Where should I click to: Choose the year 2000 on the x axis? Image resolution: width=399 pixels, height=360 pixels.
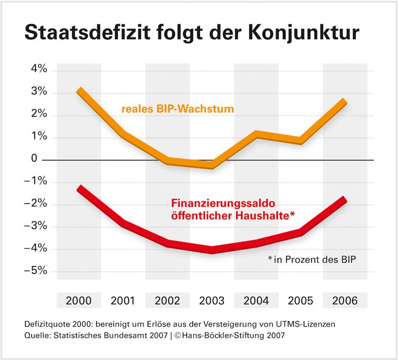click(x=79, y=300)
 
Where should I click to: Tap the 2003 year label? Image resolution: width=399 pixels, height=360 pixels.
click(x=212, y=300)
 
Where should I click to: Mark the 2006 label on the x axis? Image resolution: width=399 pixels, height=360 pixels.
click(x=345, y=300)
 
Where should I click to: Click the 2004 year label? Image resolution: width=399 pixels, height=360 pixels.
click(x=256, y=300)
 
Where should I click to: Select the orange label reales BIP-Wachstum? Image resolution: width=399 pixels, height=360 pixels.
click(x=178, y=110)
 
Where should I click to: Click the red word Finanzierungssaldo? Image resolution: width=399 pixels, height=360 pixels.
click(x=231, y=205)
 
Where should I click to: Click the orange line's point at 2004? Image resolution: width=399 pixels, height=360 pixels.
click(x=256, y=135)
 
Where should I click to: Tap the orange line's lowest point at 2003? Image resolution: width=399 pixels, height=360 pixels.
click(x=212, y=166)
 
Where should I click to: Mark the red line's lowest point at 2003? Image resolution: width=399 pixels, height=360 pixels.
click(x=212, y=250)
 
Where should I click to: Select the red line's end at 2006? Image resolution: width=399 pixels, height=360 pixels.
click(x=343, y=199)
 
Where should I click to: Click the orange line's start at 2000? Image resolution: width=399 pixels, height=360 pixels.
click(x=79, y=91)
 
